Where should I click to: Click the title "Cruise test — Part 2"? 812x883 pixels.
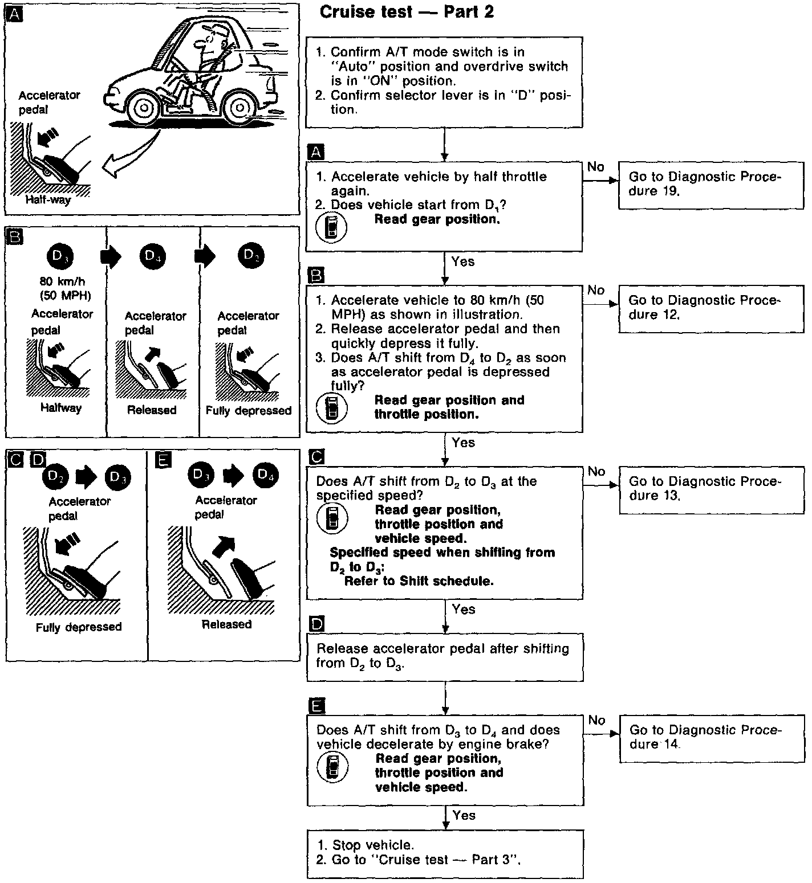point(406,12)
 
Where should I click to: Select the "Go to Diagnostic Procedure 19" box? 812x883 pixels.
point(710,183)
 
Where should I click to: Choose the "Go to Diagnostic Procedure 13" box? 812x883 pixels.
point(710,488)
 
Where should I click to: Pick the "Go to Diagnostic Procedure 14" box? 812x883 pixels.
point(710,737)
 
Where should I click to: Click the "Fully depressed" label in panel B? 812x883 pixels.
point(249,410)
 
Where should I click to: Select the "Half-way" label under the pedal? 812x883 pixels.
point(48,200)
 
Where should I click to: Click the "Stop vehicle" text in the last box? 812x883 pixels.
point(372,845)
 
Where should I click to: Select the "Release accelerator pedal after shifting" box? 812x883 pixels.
point(445,656)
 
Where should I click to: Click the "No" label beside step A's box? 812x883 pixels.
point(595,166)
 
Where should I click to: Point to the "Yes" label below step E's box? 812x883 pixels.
point(464,815)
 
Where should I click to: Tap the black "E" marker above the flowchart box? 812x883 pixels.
point(316,707)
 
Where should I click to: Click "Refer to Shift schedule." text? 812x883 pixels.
point(419,581)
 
